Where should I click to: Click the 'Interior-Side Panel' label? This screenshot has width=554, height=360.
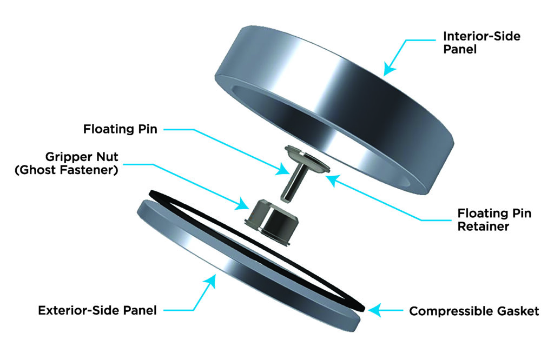(482, 42)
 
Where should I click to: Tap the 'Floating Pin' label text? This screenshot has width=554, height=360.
(120, 129)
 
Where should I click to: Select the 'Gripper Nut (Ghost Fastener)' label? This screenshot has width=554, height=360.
(67, 163)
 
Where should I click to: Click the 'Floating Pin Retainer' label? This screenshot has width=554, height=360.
(494, 219)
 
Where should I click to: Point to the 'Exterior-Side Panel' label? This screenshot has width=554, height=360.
(97, 311)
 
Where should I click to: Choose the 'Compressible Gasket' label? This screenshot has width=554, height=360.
(474, 311)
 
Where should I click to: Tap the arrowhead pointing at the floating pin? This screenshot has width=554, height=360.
(282, 169)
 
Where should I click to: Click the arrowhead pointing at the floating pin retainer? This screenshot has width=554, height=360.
(332, 181)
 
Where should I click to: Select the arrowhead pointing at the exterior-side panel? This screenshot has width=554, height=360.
(209, 282)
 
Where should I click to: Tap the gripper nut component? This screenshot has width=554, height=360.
(271, 222)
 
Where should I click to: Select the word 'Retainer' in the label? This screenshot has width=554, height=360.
(483, 226)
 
